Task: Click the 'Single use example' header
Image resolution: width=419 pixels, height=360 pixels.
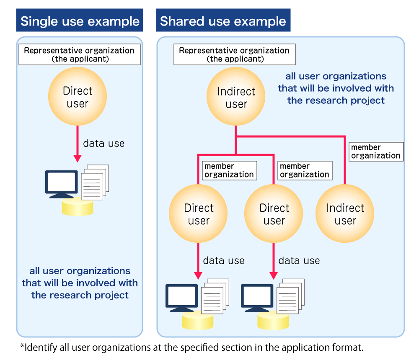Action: [x=80, y=21]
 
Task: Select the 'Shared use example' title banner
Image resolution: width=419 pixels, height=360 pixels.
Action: [x=223, y=21]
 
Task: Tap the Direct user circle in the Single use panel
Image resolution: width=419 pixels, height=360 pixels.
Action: [x=78, y=97]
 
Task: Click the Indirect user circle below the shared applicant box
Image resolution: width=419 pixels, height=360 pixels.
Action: [x=236, y=98]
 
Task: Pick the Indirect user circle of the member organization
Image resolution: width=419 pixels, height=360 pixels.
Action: [x=345, y=214]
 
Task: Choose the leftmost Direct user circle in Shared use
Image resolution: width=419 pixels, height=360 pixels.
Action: [x=198, y=214]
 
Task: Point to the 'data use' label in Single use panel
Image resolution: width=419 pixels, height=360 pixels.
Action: [x=103, y=144]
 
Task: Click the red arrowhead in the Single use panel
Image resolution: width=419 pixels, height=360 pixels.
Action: [x=78, y=158]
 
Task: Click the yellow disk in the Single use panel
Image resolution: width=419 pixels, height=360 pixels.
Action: [x=78, y=207]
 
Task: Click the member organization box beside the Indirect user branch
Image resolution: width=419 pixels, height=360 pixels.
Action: [x=376, y=152]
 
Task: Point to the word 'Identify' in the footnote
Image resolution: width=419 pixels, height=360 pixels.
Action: [x=37, y=347]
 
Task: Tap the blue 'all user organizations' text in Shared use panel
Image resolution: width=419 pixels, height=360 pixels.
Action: [x=336, y=77]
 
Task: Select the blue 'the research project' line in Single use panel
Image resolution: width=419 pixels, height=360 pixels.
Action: [x=80, y=295]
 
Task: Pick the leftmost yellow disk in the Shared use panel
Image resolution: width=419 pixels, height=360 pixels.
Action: [x=198, y=321]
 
